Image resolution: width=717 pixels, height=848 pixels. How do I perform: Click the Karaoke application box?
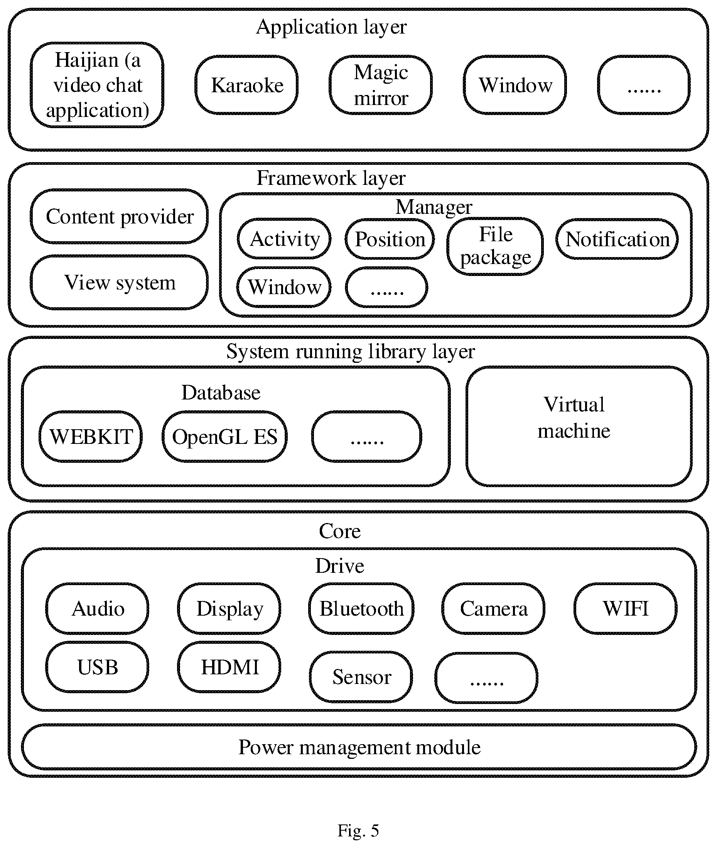(x=246, y=85)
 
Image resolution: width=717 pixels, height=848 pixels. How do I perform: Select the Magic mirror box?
(x=381, y=85)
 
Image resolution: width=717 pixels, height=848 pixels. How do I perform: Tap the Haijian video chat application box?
(x=97, y=85)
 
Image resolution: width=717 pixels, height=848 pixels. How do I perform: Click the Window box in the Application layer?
(x=515, y=85)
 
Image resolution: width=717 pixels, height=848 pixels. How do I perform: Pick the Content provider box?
(x=119, y=217)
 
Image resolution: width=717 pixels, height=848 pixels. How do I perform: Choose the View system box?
(x=119, y=282)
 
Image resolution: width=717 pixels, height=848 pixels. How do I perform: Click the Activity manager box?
(x=284, y=239)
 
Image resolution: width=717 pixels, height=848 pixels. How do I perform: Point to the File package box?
(x=495, y=246)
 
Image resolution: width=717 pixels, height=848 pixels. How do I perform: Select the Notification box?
(x=617, y=239)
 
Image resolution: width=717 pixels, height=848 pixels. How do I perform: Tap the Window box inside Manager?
(x=284, y=287)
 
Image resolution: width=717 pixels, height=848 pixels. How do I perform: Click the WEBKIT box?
(x=91, y=437)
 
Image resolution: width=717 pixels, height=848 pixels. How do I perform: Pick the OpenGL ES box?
(x=225, y=437)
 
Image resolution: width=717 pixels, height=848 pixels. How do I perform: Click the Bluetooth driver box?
(x=361, y=608)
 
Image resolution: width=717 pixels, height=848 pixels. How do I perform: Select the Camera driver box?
(x=493, y=608)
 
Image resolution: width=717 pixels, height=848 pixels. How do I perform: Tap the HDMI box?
(x=229, y=667)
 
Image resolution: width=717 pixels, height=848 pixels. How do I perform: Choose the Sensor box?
(x=361, y=677)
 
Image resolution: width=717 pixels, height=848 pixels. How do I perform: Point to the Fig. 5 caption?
(x=358, y=830)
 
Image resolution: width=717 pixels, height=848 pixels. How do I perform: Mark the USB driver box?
(x=97, y=667)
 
